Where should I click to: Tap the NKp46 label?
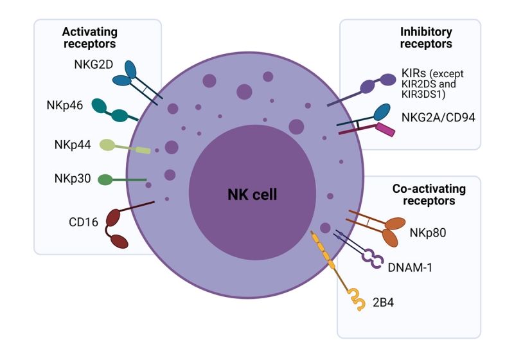[x=64, y=105]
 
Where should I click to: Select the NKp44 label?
[x=72, y=144]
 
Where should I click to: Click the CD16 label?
[x=84, y=222]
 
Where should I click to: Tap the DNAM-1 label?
[x=410, y=266]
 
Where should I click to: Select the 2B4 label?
[x=383, y=300]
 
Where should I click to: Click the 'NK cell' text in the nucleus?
[x=252, y=194]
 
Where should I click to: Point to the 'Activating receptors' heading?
[x=89, y=38]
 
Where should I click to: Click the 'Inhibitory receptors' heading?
[x=425, y=38]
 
